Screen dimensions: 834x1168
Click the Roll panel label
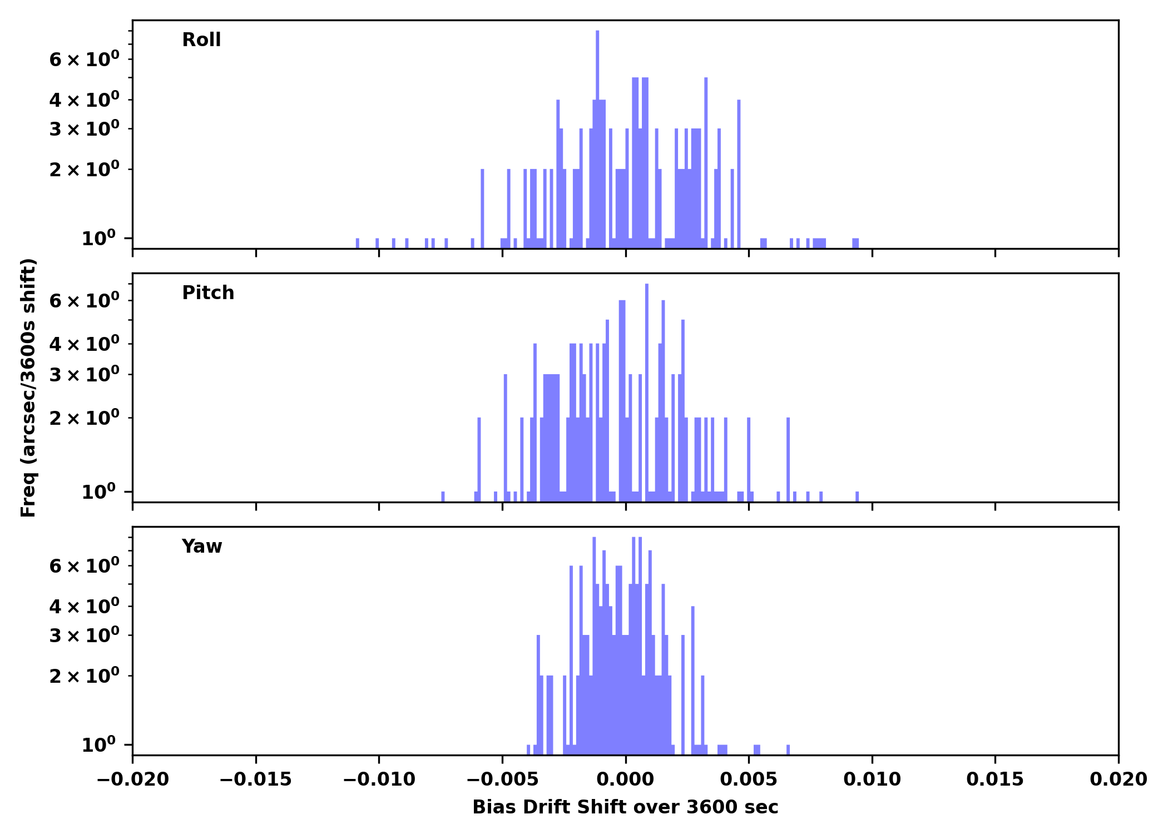(201, 40)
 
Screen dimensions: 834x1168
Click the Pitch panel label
(208, 293)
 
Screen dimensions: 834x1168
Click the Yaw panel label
(202, 547)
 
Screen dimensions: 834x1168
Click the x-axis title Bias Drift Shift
(625, 807)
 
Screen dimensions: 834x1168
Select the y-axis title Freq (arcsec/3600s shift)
(28, 388)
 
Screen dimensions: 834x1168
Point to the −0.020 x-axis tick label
(132, 780)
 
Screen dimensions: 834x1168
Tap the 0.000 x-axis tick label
(625, 780)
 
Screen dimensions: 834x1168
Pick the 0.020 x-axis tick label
(1118, 780)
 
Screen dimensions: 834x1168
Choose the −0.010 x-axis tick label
(379, 780)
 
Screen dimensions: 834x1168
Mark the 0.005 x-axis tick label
(749, 780)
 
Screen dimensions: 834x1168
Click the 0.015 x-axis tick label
(995, 780)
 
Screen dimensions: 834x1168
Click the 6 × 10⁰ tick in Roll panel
(84, 59)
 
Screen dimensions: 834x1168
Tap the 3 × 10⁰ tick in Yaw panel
(84, 636)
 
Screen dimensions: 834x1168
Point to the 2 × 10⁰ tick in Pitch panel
(84, 418)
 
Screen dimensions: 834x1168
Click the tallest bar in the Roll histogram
(597, 139)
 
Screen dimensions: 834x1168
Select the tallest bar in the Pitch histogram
(647, 389)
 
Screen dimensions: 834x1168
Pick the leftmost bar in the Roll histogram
(357, 243)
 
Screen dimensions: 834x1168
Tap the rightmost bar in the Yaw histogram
(788, 749)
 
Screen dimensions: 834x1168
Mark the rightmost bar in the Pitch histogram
(857, 497)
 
